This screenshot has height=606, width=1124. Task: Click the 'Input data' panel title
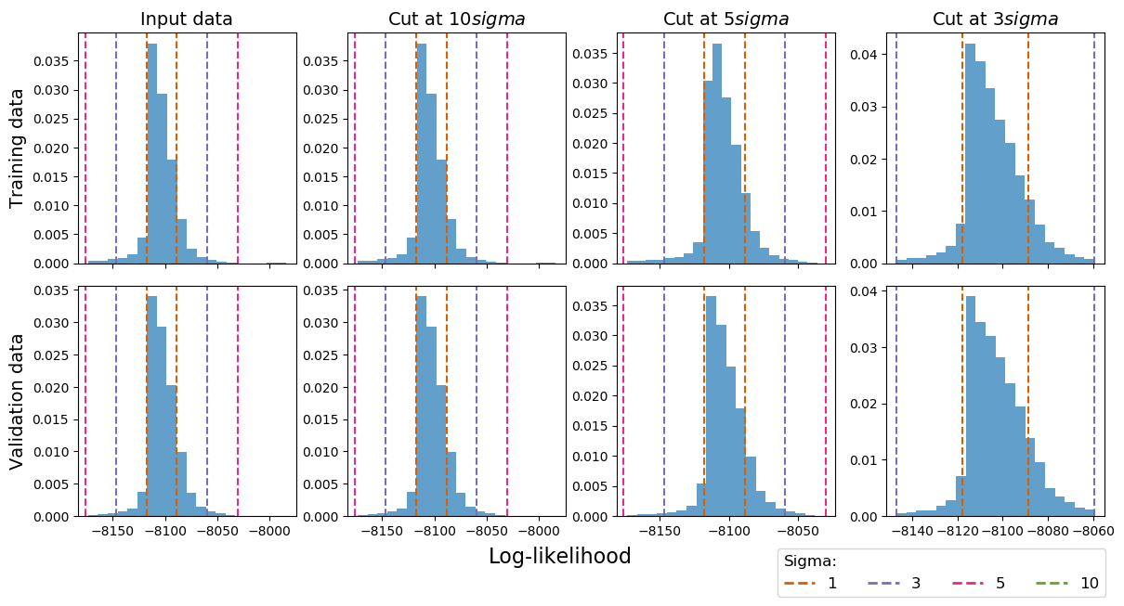point(187,19)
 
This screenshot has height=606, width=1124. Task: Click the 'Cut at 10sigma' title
point(456,19)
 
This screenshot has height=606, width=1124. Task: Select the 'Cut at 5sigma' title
point(725,19)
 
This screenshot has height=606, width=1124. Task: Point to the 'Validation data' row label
point(17,401)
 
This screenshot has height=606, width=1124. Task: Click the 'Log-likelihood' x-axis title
point(559,556)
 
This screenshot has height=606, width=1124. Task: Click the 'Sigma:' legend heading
point(810,561)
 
